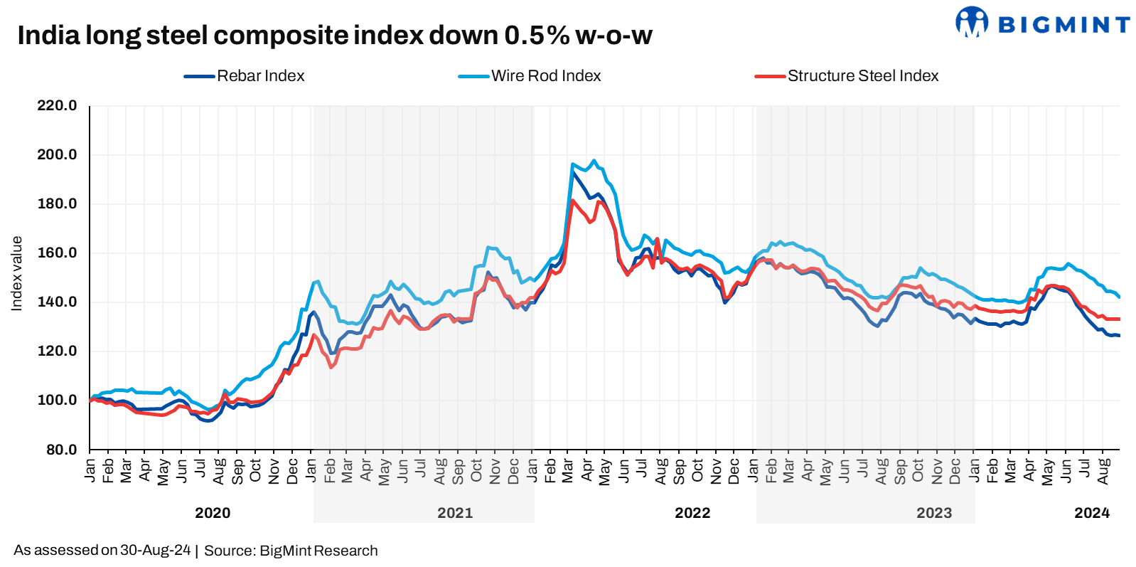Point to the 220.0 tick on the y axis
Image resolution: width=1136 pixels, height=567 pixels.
(57, 106)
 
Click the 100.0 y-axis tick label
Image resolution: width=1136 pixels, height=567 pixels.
(57, 401)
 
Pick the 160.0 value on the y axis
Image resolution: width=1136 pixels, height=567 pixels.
(57, 253)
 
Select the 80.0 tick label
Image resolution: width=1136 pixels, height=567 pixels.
(61, 450)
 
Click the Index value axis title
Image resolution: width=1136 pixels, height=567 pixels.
(17, 274)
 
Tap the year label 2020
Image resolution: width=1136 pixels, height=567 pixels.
(213, 513)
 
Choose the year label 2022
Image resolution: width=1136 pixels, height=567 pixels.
(692, 513)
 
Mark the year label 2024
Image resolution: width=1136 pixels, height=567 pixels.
(1092, 513)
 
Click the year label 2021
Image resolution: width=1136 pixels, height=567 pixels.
(455, 513)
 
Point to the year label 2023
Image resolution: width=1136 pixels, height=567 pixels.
(934, 513)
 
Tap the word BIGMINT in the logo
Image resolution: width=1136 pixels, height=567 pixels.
(1064, 26)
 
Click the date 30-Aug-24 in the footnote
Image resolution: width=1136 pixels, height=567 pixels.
(156, 551)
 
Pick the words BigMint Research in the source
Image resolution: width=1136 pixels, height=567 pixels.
(318, 551)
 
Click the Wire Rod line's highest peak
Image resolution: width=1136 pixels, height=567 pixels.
(594, 161)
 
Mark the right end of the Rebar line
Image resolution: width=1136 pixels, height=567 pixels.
(1119, 336)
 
